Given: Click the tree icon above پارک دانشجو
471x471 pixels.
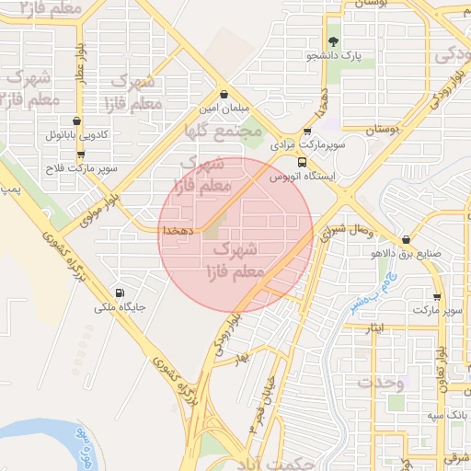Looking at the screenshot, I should pos(334,40).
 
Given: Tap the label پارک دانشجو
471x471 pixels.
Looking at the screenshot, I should pos(334,55).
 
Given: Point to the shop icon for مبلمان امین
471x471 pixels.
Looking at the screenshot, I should pos(225,94).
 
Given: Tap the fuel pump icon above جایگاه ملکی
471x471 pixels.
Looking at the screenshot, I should pos(120,294).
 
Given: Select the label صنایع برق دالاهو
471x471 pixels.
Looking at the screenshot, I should pos(406,253).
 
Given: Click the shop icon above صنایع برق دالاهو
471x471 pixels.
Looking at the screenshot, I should pos(406,239).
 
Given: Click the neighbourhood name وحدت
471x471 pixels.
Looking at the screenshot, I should pos(381,382).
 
